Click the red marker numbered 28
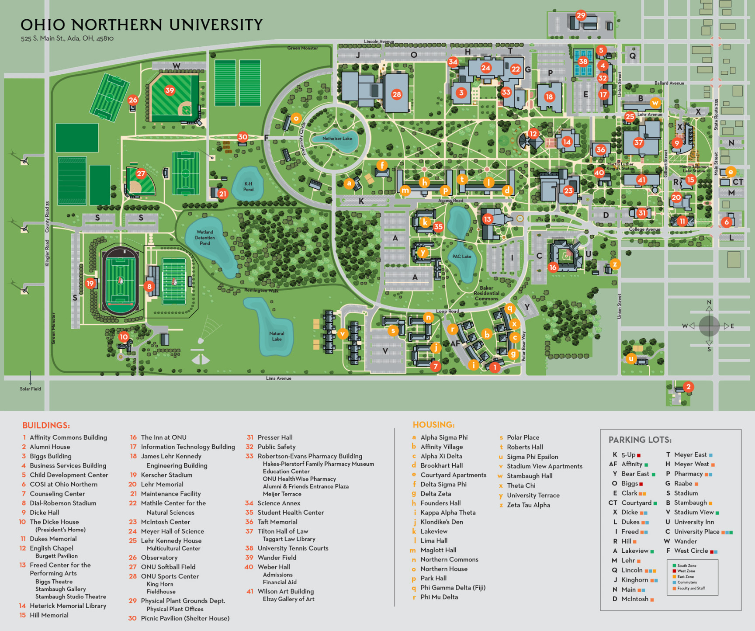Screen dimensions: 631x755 pos(396,94)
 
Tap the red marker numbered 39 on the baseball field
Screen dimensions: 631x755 pos(170,90)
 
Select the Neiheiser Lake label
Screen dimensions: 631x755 pos(337,139)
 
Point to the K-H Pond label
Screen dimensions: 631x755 pos(248,187)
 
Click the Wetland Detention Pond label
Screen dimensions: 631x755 pos(205,238)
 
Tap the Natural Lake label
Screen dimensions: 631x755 pos(277,336)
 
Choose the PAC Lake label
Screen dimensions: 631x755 pos(461,257)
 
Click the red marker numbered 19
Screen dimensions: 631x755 pos(90,283)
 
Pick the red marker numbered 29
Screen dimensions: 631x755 pos(581,16)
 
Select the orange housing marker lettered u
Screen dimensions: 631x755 pos(630,359)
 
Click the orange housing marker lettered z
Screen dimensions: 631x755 pos(615,264)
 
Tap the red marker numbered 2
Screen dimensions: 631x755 pos(688,387)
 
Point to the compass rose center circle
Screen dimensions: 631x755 pos(709,326)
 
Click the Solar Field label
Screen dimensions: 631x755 pos(30,389)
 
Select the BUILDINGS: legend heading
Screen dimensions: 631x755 pos(46,425)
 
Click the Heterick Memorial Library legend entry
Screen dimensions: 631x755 pos(68,606)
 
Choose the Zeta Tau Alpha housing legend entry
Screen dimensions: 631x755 pos(528,505)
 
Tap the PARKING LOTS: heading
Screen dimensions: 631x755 pos(640,440)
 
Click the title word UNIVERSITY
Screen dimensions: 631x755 pos(216,25)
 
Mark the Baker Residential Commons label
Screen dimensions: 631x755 pos(486,293)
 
